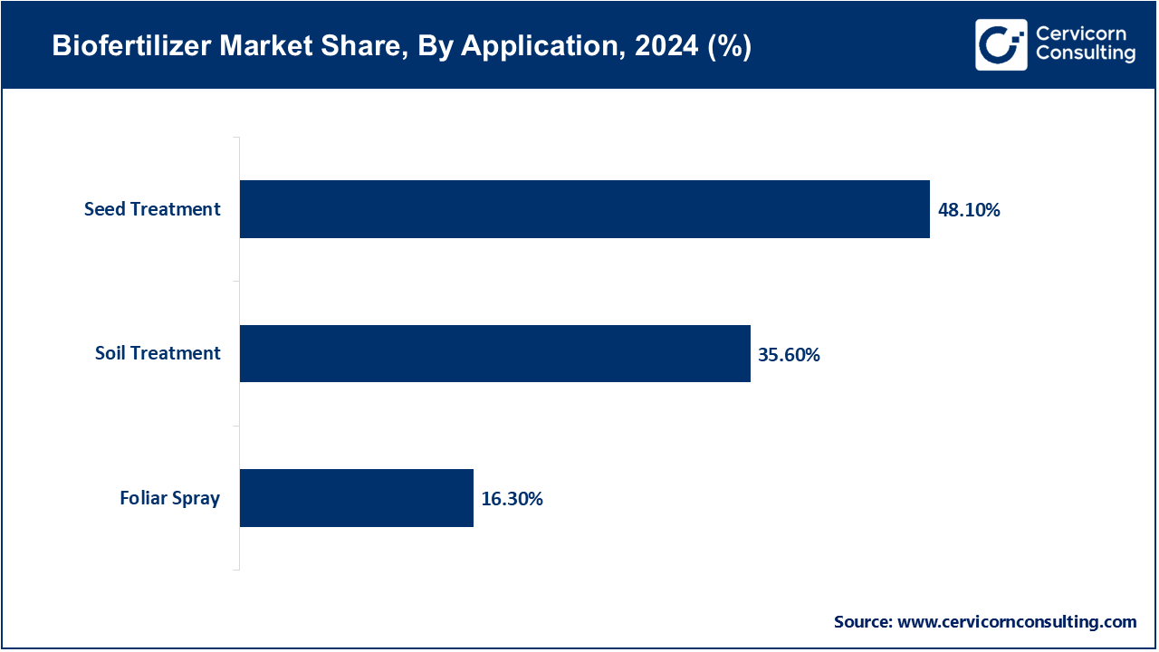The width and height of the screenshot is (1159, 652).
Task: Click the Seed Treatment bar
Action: click(584, 209)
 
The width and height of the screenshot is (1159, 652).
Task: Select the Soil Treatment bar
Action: click(494, 353)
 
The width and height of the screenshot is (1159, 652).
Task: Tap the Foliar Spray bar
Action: click(356, 498)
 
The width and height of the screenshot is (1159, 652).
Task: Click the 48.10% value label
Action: click(969, 210)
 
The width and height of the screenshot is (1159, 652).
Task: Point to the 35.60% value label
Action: click(789, 355)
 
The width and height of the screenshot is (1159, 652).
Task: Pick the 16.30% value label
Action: click(512, 499)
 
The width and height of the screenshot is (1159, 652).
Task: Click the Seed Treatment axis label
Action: click(152, 209)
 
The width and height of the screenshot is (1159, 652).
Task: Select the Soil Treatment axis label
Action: click(158, 353)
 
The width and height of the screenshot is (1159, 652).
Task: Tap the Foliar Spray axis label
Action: click(169, 498)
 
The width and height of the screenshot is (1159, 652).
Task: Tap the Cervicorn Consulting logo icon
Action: click(1001, 44)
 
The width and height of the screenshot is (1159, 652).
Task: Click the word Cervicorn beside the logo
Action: click(1080, 34)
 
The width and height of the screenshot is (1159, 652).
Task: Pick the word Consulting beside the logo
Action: click(1085, 54)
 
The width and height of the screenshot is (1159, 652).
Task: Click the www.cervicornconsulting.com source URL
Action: click(1017, 622)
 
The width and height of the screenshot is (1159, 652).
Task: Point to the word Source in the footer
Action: click(862, 622)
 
